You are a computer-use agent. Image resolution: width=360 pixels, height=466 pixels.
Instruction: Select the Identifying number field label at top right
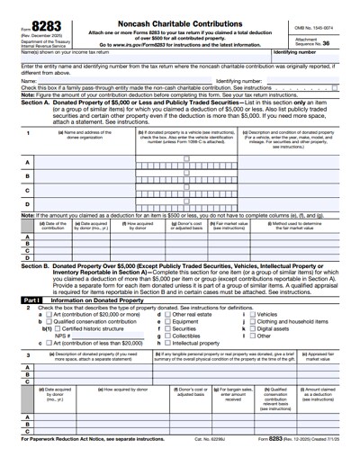pyautogui.click(x=298, y=52)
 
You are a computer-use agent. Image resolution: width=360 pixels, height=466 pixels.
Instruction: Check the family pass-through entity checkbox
pyautogui.click(x=335, y=87)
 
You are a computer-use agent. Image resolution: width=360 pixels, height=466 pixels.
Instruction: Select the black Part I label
pyautogui.click(x=31, y=300)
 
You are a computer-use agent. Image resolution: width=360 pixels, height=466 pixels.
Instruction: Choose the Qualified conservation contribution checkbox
pyautogui.click(x=47, y=321)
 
